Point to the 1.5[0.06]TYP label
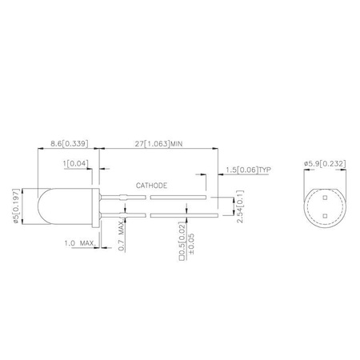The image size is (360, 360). click(x=248, y=169)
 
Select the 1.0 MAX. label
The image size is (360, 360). click(x=80, y=242)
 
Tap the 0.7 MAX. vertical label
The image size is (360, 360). click(x=121, y=237)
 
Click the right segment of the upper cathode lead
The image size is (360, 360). click(x=178, y=194)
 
